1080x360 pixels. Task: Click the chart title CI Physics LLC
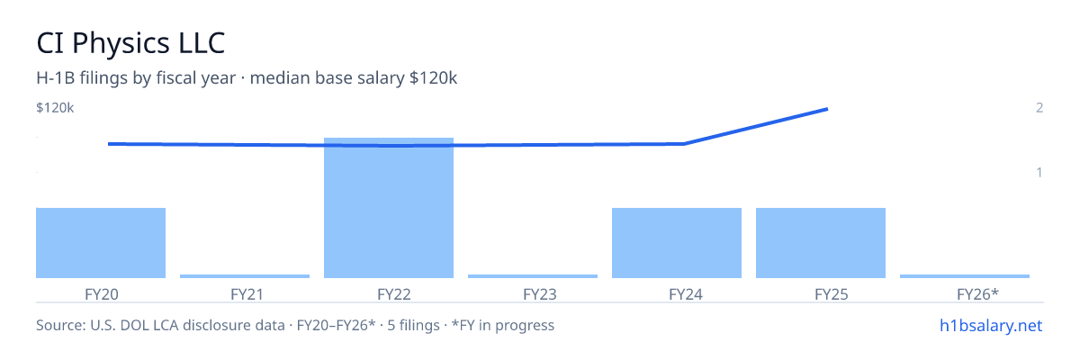[130, 43]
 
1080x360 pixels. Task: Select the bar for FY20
[101, 243]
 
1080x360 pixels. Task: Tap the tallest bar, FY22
[389, 208]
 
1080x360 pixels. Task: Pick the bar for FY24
[677, 243]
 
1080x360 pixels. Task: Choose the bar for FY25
[821, 243]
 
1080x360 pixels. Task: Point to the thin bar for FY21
[245, 276]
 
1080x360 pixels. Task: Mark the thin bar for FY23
[533, 276]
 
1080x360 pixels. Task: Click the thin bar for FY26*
[964, 276]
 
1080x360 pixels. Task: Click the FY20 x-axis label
[101, 294]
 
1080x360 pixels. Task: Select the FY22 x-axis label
[394, 294]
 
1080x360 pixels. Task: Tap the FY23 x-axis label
[539, 294]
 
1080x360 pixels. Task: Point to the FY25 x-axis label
[832, 294]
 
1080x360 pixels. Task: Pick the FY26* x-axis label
[977, 294]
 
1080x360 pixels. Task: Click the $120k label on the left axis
[55, 108]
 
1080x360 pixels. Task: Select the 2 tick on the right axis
[1039, 108]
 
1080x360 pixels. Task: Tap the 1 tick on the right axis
[1039, 173]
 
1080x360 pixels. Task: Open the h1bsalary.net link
[991, 326]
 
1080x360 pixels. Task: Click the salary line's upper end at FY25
[827, 110]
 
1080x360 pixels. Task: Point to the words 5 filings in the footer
[413, 325]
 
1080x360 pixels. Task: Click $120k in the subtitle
[433, 78]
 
